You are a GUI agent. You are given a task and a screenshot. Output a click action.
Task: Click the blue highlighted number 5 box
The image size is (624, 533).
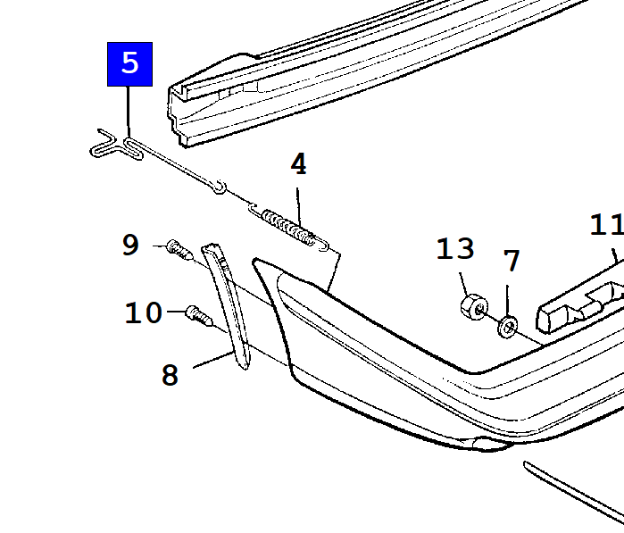pos(129,64)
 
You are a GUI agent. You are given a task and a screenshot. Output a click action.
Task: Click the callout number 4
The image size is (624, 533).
pos(299,164)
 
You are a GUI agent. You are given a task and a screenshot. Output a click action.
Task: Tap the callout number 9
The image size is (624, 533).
pos(130,245)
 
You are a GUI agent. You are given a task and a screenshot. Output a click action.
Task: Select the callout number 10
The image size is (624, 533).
pos(143,312)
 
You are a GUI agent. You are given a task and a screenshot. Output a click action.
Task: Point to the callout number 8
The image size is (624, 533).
pos(170,375)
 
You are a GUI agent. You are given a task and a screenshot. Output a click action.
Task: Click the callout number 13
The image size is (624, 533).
pos(455,248)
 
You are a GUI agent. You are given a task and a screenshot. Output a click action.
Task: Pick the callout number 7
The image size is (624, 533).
pos(512,261)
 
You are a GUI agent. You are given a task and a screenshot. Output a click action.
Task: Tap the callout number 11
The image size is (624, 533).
pos(606,225)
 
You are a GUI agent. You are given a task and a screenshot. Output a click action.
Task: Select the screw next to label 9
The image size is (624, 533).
pos(179,249)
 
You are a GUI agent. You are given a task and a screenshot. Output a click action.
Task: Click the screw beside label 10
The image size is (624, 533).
pos(199,316)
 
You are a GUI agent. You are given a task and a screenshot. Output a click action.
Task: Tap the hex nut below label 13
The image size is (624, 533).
pos(474,307)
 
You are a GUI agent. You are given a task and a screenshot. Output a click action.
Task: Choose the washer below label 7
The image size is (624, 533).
pos(508,327)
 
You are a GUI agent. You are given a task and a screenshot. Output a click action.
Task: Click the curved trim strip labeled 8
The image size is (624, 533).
pos(228,303)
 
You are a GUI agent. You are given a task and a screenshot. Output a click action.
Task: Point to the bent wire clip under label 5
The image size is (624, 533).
pos(116,145)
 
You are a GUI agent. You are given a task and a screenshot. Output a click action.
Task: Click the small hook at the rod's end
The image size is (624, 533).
pos(220,187)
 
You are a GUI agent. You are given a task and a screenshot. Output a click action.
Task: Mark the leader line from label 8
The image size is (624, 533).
pos(212,360)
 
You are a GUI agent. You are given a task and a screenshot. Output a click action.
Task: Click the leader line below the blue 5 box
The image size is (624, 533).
pos(129,112)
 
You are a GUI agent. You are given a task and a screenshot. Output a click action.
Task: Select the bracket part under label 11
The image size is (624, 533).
pos(580,307)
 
